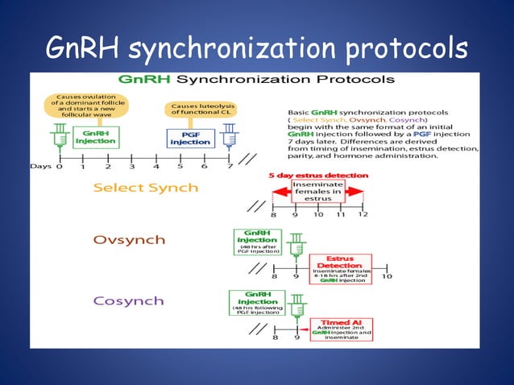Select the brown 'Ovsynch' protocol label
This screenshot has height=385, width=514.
pos(130,240)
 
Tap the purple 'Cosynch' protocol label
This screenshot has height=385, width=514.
pos(129,300)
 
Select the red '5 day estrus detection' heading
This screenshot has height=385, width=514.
pos(319,176)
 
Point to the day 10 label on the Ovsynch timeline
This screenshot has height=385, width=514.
pos(387,276)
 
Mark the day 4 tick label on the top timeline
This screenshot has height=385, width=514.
pos(156,167)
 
